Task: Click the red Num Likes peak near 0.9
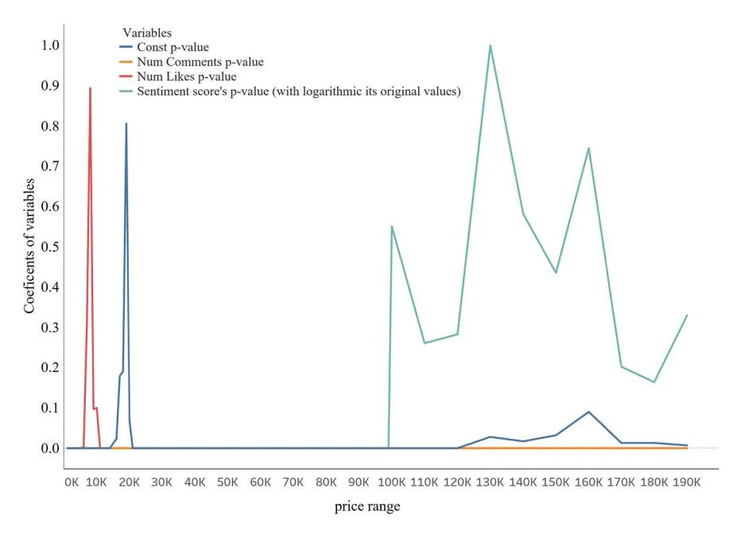click(90, 88)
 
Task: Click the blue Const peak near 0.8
click(126, 124)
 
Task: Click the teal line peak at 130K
click(490, 45)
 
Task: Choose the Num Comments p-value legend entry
click(200, 62)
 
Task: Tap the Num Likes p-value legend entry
click(186, 76)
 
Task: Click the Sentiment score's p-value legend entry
click(299, 91)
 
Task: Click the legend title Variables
click(147, 33)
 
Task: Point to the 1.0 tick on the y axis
click(49, 45)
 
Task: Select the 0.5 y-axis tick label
click(49, 246)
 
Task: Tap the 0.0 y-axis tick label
click(49, 448)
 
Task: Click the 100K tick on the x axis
click(392, 482)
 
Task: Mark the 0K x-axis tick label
click(72, 482)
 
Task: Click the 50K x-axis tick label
click(227, 482)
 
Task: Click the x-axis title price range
click(367, 506)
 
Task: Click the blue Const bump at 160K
click(588, 412)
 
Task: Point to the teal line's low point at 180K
click(654, 382)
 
